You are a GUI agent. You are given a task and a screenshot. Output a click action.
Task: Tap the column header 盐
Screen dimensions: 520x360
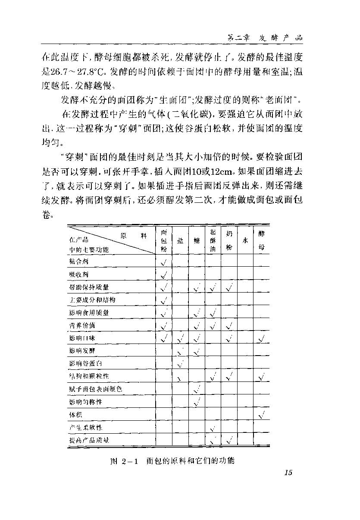(180, 241)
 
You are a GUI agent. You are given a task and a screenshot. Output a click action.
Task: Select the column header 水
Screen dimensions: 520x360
(245, 240)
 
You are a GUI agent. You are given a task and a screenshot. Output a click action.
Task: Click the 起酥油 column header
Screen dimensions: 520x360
(213, 240)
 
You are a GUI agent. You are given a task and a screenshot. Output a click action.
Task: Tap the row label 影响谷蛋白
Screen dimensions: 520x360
(85, 364)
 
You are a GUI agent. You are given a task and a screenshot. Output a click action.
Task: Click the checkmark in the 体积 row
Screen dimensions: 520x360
(261, 415)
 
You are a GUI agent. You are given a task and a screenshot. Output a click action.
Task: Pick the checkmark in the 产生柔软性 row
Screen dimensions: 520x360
(212, 428)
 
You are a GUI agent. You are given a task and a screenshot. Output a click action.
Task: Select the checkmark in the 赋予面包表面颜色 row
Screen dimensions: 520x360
(197, 390)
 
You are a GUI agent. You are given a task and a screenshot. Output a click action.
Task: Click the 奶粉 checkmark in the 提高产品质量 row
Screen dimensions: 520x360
(229, 440)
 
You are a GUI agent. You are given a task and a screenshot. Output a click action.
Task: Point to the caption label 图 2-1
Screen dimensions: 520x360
(123, 461)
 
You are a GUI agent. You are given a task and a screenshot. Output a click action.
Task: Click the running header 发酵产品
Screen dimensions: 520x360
(281, 38)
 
